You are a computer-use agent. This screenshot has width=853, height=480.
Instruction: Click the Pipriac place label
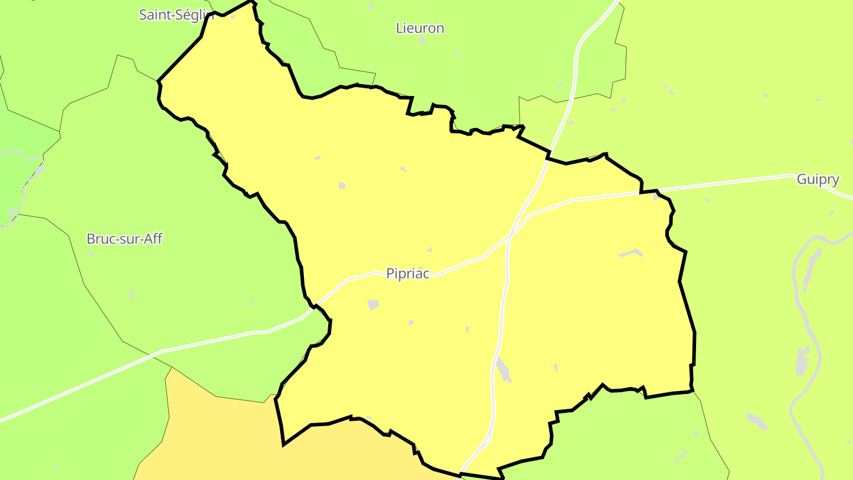407,274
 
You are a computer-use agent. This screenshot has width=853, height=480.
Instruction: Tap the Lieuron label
419,28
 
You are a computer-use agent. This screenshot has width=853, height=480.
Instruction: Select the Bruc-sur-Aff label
124,239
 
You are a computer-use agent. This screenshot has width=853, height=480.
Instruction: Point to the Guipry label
817,180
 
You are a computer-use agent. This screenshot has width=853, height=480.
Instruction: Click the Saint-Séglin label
176,15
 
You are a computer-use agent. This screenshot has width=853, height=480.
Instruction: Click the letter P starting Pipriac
390,274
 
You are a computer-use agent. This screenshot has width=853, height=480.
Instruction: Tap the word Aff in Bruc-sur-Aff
152,239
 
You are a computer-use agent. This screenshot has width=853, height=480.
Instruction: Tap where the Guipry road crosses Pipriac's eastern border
649,191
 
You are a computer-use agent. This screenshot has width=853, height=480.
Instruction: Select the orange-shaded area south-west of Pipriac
237,439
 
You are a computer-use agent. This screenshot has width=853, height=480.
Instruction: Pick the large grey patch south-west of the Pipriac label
373,305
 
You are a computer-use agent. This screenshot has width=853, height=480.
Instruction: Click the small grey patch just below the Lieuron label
422,41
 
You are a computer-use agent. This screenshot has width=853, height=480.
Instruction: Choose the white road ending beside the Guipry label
770,177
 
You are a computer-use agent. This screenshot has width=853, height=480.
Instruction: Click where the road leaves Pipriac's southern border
462,473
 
